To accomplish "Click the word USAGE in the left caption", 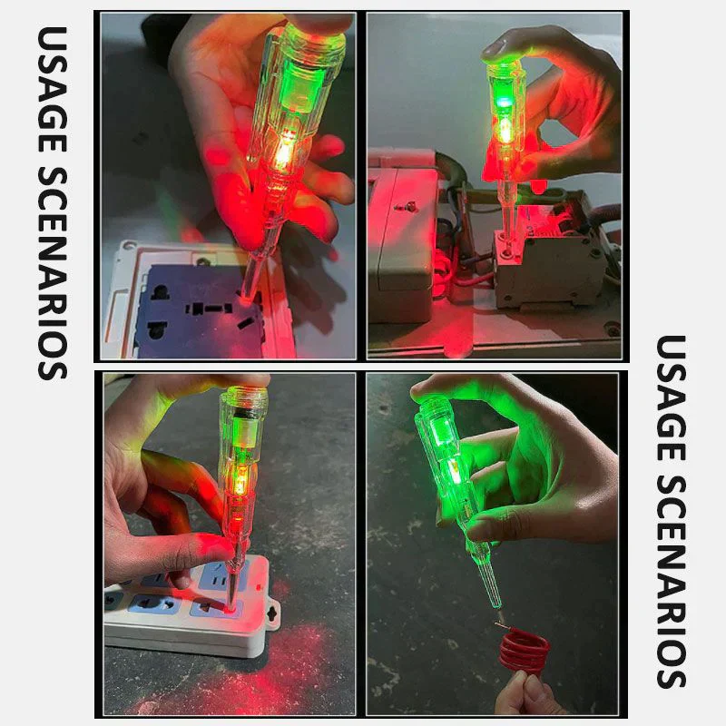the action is [x=53, y=89].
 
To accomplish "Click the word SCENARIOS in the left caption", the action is [x=53, y=273].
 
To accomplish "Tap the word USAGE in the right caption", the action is [x=672, y=398].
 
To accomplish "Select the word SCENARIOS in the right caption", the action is [x=672, y=582].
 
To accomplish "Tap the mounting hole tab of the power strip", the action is [x=273, y=614].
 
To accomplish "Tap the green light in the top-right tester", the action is [x=502, y=103].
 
